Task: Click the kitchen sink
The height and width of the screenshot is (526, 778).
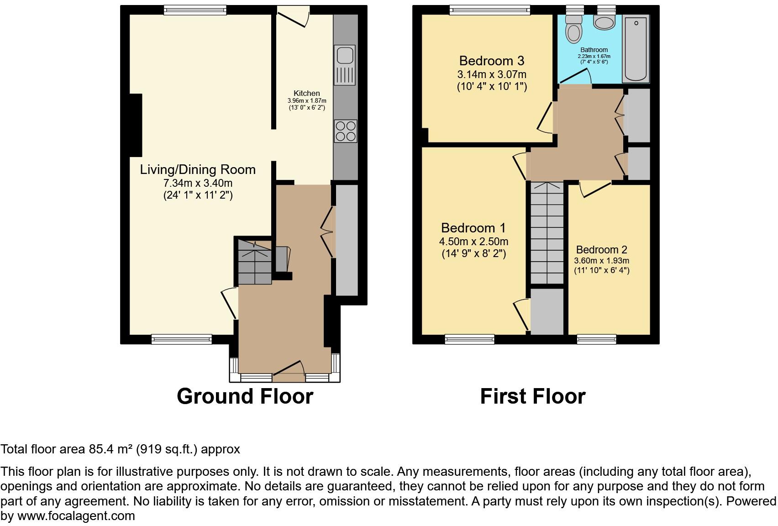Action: tap(345, 65)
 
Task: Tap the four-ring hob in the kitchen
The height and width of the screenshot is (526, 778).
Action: tap(345, 131)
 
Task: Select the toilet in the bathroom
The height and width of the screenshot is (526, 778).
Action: tap(573, 28)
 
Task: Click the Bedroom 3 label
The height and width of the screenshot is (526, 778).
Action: tap(491, 61)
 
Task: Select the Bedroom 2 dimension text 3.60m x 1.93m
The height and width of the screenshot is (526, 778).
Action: tap(601, 261)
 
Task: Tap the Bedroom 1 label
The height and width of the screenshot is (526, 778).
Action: tap(473, 228)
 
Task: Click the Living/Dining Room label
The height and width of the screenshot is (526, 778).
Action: tap(198, 169)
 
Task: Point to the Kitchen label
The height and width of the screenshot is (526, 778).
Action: tap(306, 93)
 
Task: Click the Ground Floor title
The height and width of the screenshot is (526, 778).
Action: tap(245, 396)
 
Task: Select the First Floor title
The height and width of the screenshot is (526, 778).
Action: tap(532, 396)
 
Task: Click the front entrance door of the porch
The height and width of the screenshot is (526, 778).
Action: tap(289, 373)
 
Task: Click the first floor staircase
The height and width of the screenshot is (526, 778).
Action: tap(547, 233)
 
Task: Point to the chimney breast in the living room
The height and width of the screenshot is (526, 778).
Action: tap(136, 125)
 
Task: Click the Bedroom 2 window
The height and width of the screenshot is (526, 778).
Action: tap(596, 339)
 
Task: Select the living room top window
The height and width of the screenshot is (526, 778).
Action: tap(195, 10)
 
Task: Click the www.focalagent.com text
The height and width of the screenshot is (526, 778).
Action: tap(76, 516)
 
